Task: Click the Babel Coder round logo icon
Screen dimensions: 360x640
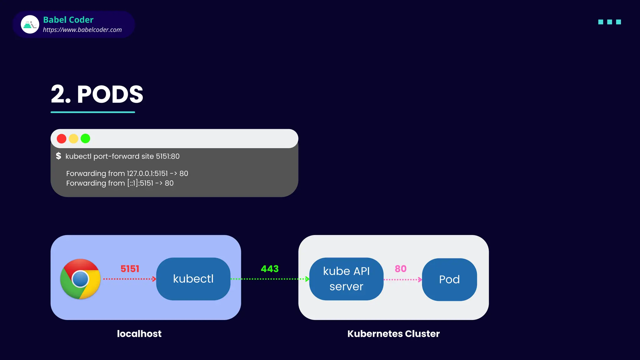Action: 30,24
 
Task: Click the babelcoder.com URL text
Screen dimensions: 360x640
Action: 82,30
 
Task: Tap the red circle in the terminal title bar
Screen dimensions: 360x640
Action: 62,138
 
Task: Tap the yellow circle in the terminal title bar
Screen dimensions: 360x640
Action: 73,138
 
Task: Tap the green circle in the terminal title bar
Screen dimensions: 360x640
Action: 85,138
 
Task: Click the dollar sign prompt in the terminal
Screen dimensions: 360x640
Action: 58,156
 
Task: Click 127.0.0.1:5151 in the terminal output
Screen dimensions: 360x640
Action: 147,173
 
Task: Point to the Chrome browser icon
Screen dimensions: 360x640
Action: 80,279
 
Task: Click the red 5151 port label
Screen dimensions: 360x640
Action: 130,269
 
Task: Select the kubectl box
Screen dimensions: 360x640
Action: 193,279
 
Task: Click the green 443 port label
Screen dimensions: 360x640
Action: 270,269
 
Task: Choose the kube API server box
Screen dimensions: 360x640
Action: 346,279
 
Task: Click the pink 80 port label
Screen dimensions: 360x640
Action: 400,269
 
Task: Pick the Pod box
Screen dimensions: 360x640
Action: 449,279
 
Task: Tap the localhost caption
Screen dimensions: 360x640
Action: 139,334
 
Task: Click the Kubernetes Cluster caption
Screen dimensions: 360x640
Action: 393,334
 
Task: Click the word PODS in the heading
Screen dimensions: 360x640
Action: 110,94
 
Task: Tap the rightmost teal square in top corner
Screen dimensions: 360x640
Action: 618,22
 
